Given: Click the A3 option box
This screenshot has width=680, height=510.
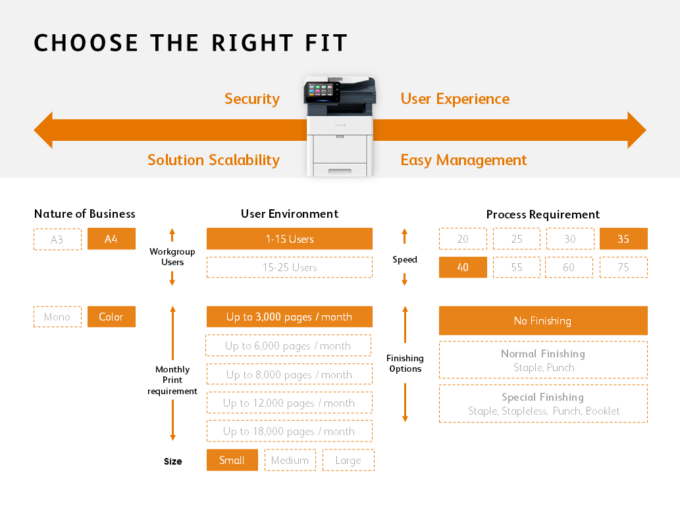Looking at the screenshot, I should click(57, 239).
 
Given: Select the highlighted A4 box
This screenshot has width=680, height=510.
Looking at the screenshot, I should click(111, 239).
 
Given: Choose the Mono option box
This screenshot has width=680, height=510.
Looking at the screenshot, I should click(57, 317).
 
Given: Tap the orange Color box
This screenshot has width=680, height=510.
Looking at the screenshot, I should click(111, 317).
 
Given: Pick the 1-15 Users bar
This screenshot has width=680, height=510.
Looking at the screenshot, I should click(290, 239).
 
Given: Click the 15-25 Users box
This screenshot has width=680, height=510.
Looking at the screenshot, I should click(290, 267).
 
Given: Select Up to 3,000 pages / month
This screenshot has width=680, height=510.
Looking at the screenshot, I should click(290, 317).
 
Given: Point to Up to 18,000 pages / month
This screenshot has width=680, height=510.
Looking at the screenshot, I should click(290, 431).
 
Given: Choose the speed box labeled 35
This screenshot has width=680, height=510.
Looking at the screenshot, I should click(623, 239).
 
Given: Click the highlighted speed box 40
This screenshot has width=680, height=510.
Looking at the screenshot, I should click(463, 267).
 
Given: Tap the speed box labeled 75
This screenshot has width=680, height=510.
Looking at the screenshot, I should click(623, 267).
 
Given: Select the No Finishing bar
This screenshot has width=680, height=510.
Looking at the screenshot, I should click(543, 320).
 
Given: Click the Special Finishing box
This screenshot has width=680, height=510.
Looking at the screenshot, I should click(543, 403).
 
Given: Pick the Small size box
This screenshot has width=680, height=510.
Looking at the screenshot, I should click(232, 460).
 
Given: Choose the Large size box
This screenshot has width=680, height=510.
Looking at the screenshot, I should click(348, 460).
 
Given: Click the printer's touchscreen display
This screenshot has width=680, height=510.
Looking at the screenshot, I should click(319, 91).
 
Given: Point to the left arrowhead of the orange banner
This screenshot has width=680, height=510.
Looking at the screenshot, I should click(43, 130).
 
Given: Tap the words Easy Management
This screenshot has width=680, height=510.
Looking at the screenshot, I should click(463, 160).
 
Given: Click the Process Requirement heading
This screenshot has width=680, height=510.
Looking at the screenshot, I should click(543, 215).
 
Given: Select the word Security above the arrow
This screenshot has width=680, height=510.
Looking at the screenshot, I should click(252, 99).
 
